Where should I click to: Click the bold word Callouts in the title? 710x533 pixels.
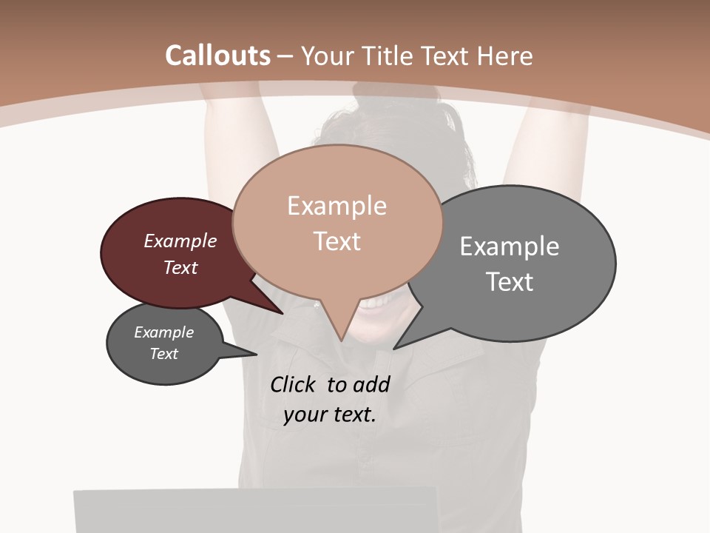(217, 56)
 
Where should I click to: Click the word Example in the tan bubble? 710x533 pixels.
(337, 206)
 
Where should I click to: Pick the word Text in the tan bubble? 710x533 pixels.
(337, 241)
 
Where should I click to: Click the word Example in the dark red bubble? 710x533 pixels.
(180, 241)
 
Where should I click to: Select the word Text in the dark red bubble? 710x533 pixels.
(180, 267)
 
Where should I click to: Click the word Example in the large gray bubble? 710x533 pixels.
(510, 246)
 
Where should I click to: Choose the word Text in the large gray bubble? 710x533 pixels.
(510, 282)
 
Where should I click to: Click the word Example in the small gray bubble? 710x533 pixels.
(164, 332)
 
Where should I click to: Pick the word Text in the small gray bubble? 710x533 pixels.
(164, 354)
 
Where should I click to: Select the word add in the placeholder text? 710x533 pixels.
(371, 384)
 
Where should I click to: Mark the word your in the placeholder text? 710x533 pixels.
(304, 415)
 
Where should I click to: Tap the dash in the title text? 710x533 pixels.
(285, 56)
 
